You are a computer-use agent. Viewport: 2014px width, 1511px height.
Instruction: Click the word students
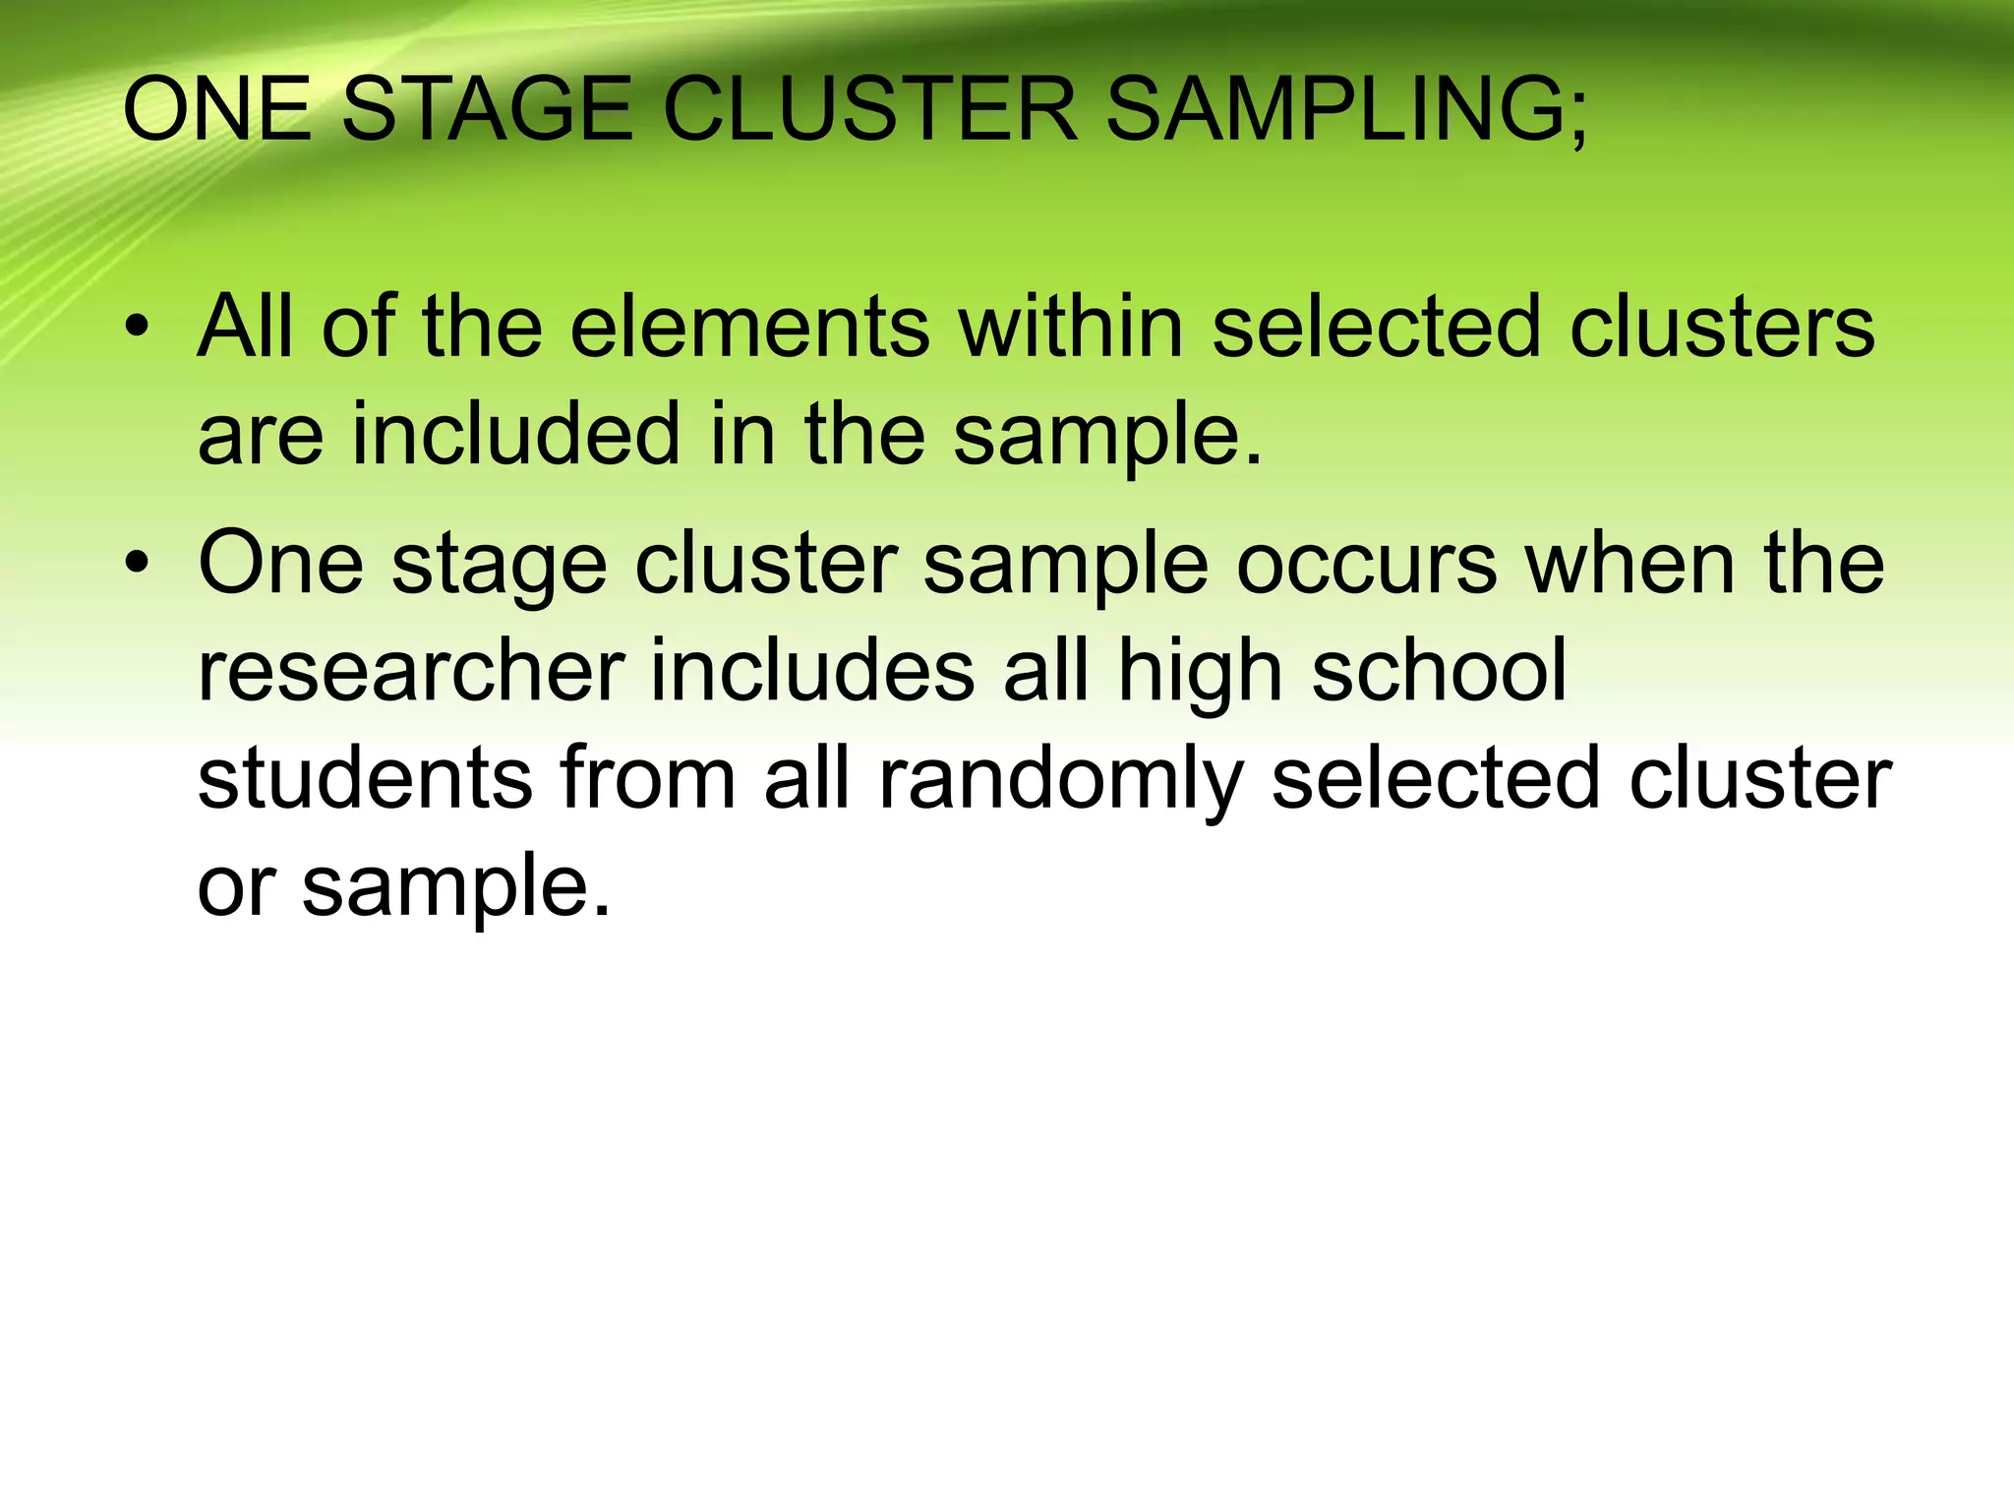[365, 778]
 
